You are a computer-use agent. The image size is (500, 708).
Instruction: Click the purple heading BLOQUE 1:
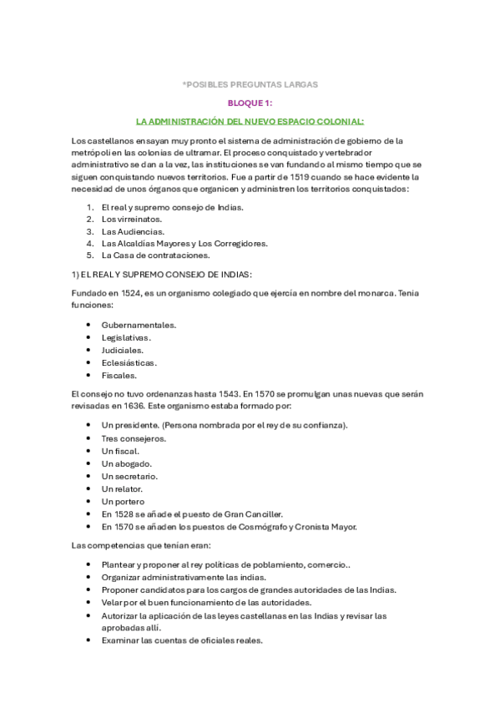[x=250, y=103]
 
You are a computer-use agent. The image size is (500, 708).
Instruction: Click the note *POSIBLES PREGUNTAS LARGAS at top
[x=250, y=84]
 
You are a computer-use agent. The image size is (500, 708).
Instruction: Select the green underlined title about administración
[x=250, y=121]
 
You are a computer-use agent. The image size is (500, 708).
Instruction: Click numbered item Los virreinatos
[x=131, y=219]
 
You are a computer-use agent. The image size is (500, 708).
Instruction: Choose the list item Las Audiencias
[x=133, y=231]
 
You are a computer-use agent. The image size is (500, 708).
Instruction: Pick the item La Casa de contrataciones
[x=155, y=255]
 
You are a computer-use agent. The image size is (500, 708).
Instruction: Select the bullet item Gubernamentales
[x=139, y=324]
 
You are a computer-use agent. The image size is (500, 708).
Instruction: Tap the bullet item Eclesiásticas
[x=129, y=362]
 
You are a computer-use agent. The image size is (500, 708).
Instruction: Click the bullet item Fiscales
[x=119, y=375]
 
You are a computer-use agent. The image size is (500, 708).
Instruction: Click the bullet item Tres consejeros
[x=134, y=437]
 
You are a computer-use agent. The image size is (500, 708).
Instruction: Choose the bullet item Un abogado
[x=126, y=463]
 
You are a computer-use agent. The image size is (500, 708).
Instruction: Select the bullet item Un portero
[x=124, y=501]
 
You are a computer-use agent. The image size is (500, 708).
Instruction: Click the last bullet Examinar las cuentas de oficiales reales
[x=182, y=640]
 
